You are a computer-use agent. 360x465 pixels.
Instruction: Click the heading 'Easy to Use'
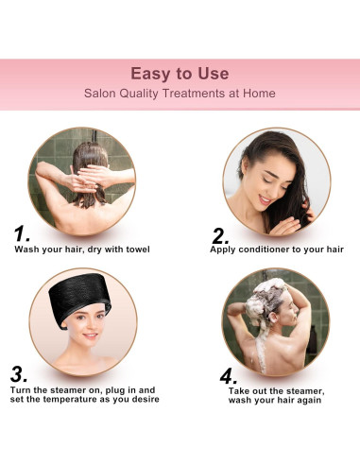pos(180,73)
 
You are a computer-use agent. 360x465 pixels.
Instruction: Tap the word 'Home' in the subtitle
pos(260,94)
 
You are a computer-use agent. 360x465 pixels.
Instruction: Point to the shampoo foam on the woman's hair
pos(276,287)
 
